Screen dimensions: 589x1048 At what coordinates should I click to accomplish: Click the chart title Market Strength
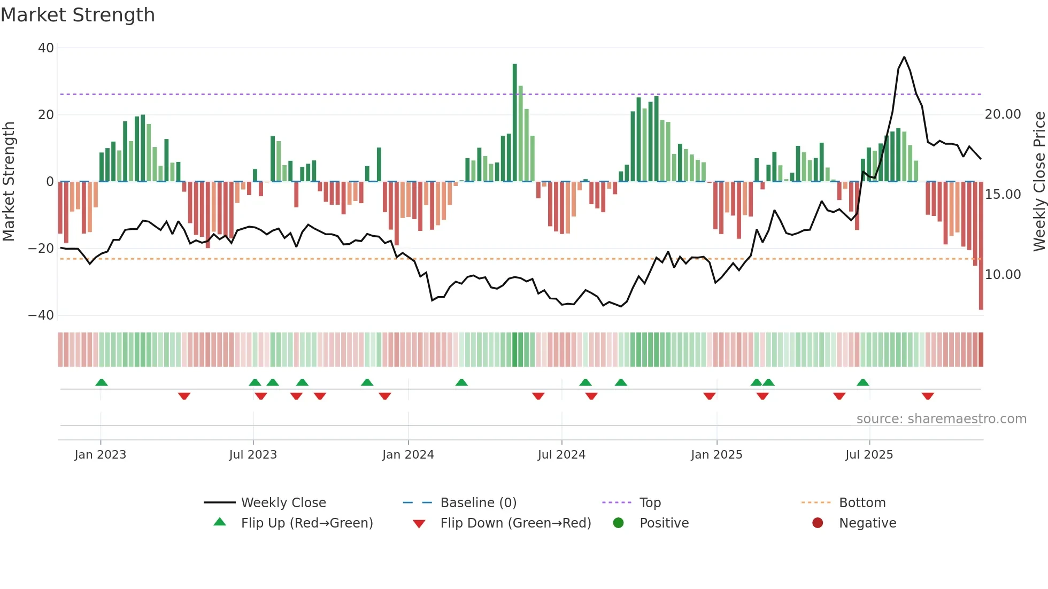(x=78, y=15)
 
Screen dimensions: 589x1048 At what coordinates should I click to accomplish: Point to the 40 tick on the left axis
(x=46, y=48)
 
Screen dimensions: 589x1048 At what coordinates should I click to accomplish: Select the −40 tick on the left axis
(x=42, y=315)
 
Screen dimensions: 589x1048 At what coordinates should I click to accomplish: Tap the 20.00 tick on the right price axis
(x=1003, y=114)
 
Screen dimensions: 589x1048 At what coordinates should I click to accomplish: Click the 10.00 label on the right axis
(x=1003, y=275)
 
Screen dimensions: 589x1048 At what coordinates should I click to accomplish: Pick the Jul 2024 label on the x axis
(x=561, y=455)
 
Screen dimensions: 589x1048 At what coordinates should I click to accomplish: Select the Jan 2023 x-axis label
(x=101, y=455)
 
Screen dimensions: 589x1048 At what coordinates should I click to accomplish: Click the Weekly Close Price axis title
(x=1039, y=182)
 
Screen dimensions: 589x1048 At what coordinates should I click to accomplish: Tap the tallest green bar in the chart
(x=514, y=123)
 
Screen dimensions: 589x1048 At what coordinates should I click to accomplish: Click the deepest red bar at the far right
(x=981, y=246)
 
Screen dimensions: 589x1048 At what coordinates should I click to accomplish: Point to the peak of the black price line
(x=904, y=57)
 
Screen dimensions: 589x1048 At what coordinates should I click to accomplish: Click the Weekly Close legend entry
(x=283, y=503)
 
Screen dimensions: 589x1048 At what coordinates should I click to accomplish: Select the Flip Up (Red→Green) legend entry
(x=306, y=523)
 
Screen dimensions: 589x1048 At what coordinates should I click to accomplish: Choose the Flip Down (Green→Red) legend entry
(x=515, y=523)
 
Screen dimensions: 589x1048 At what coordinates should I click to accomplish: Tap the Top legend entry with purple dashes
(x=650, y=503)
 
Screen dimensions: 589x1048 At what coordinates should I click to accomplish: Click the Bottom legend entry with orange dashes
(x=861, y=503)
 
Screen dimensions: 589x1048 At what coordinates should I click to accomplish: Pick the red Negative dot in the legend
(x=818, y=523)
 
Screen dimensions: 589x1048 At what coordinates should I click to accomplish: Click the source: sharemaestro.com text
(x=941, y=419)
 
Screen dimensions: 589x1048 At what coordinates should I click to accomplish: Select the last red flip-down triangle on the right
(x=928, y=396)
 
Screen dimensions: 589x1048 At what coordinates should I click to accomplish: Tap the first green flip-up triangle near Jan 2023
(x=102, y=382)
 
